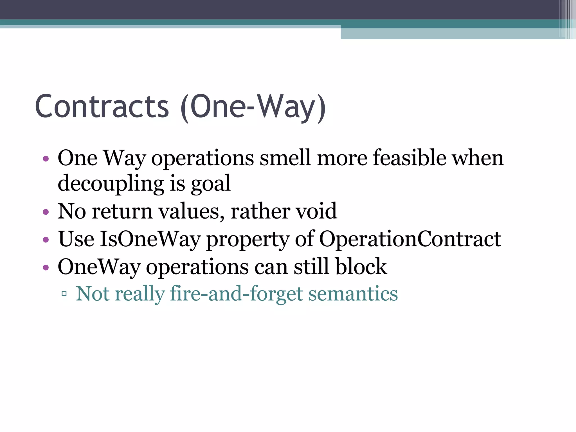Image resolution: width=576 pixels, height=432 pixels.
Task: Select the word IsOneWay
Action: coord(150,239)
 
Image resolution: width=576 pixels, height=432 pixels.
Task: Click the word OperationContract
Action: coord(410,239)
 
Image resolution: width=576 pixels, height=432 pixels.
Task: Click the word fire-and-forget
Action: coord(236,294)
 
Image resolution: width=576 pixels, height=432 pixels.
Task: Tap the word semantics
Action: coord(353,294)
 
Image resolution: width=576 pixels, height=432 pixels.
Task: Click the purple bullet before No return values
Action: coord(46,212)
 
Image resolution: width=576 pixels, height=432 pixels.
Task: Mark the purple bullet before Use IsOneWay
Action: coord(46,240)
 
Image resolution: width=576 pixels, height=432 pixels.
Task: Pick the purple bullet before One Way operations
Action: coord(46,159)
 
